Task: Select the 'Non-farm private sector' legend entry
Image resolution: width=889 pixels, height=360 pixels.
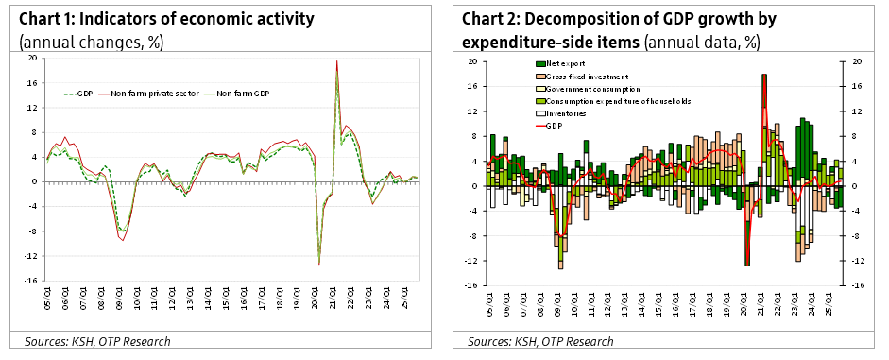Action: pyautogui.click(x=145, y=94)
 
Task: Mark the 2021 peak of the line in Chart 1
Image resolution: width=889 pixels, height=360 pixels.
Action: pyautogui.click(x=336, y=62)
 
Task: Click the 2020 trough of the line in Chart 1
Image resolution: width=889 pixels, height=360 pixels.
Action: pyautogui.click(x=318, y=263)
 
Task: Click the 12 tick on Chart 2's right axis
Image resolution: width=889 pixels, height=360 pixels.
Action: pyautogui.click(x=857, y=111)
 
